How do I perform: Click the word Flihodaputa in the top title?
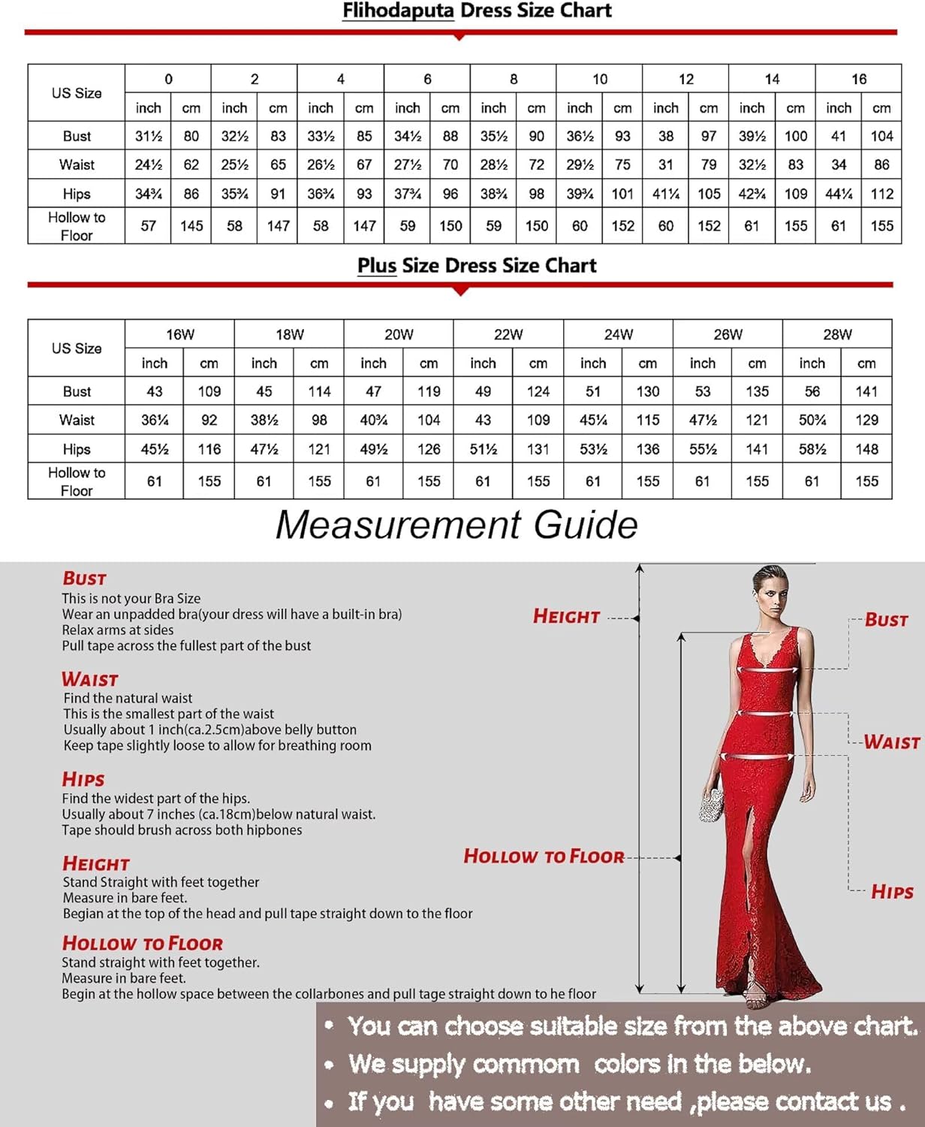(398, 11)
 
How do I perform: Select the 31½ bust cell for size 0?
(149, 136)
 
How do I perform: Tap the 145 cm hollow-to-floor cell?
(191, 225)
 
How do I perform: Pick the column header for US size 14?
(772, 79)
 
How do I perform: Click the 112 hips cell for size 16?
(881, 194)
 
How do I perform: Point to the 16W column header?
(180, 334)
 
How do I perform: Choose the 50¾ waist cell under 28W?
(812, 420)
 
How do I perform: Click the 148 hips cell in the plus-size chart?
(866, 449)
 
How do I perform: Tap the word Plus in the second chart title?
(376, 266)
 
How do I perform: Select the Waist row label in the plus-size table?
(77, 420)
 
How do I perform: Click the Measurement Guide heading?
(456, 524)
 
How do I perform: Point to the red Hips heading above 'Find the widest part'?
(83, 779)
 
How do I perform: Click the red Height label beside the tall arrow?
(566, 617)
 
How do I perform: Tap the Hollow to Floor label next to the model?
(544, 857)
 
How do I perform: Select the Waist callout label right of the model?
(891, 742)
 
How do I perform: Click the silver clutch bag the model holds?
(710, 805)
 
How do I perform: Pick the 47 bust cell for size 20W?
(373, 391)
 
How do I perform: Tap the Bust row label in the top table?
(77, 136)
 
